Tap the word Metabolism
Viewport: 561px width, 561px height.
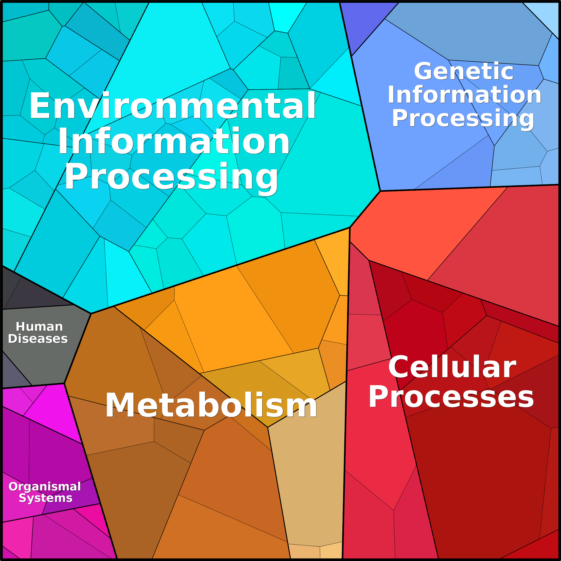click(211, 405)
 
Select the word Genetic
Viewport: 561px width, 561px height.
click(464, 71)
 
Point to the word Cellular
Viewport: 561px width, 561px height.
click(452, 367)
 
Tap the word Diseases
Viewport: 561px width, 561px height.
click(38, 339)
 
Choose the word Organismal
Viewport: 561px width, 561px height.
click(45, 486)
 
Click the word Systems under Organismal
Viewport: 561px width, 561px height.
click(46, 498)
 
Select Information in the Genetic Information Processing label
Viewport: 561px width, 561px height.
click(465, 95)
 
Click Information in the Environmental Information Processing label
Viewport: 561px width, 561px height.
click(174, 141)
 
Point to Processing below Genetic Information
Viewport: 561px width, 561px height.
click(463, 119)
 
